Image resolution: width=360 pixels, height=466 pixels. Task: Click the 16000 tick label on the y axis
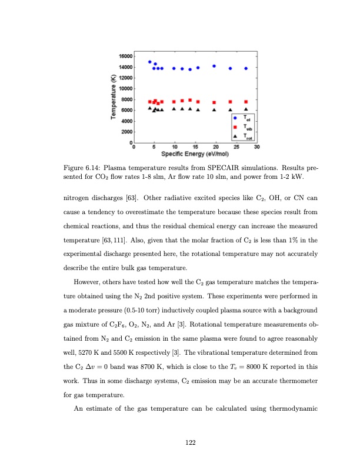tap(125, 55)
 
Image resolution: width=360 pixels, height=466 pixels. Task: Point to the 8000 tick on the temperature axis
tap(126, 99)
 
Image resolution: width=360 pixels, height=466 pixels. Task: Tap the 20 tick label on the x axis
tap(216, 147)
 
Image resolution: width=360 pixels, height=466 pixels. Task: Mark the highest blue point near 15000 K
tap(150, 62)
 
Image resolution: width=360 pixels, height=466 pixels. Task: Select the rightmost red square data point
tap(246, 102)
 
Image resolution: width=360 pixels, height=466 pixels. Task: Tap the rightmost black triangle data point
tap(246, 109)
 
